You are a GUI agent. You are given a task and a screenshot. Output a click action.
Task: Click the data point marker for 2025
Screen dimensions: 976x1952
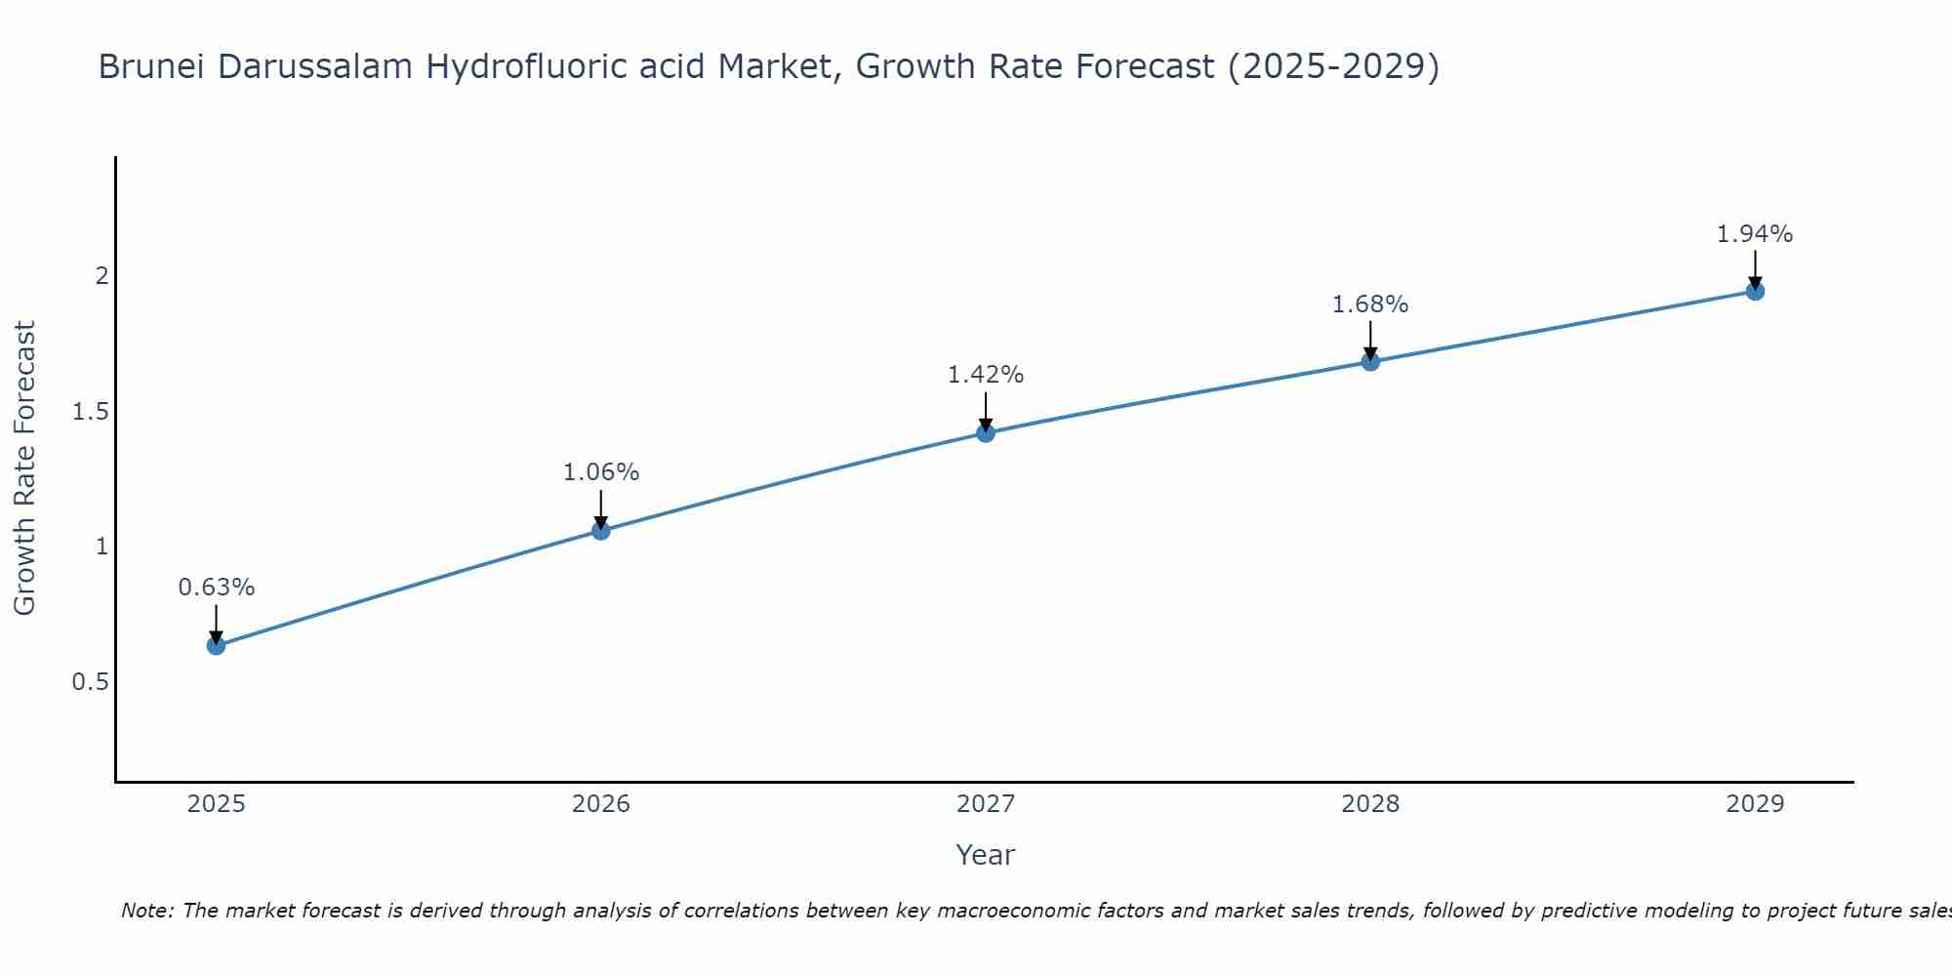click(x=217, y=645)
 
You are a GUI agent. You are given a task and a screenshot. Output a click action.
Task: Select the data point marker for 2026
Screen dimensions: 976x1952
click(x=601, y=530)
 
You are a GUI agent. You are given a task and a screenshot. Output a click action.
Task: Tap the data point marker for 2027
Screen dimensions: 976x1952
click(x=986, y=432)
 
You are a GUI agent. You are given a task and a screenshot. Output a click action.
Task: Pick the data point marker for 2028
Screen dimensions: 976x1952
click(x=1370, y=361)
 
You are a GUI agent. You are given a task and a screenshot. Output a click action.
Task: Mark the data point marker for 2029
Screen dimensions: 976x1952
click(x=1755, y=291)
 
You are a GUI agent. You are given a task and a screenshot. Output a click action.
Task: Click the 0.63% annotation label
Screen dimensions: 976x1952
click(x=217, y=588)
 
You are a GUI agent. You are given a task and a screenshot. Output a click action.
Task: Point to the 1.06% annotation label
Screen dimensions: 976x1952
click(x=601, y=472)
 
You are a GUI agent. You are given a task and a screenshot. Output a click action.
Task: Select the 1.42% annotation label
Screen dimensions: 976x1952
click(x=986, y=375)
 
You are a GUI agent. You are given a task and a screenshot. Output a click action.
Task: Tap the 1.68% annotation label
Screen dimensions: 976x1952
click(x=1370, y=305)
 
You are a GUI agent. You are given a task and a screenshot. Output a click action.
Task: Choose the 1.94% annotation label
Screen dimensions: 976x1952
click(x=1755, y=234)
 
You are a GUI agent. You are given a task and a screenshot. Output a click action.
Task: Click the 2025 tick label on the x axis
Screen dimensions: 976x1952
click(x=217, y=804)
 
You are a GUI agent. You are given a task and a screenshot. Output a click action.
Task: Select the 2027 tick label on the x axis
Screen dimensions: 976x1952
click(x=986, y=804)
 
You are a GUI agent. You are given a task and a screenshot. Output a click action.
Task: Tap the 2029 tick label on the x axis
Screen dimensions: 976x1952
click(x=1755, y=804)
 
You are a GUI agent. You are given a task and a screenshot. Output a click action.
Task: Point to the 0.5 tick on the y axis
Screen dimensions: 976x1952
click(x=90, y=681)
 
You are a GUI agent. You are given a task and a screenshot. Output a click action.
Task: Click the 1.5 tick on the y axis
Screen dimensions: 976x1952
click(x=90, y=412)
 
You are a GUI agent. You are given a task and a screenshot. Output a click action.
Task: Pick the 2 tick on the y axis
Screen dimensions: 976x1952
click(x=102, y=276)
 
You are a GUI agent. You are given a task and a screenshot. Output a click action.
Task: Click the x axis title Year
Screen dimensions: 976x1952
click(x=986, y=855)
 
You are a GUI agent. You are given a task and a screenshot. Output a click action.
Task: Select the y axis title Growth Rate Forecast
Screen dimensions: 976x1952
click(x=24, y=468)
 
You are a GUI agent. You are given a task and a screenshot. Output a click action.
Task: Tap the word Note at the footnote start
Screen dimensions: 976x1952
click(x=146, y=911)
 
